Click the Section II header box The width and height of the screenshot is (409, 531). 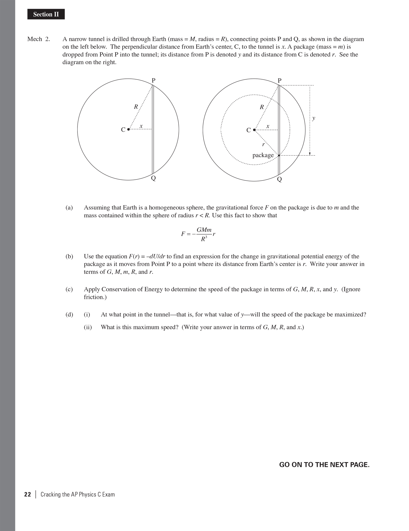click(x=46, y=14)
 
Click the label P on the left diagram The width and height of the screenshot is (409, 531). click(x=154, y=80)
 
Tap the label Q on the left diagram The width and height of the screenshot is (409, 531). click(x=154, y=178)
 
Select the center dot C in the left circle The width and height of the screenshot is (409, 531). click(x=128, y=129)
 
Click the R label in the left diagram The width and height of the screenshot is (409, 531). click(x=136, y=107)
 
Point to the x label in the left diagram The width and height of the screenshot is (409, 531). click(x=141, y=126)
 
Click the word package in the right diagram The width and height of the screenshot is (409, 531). click(x=263, y=155)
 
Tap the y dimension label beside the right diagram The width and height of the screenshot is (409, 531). click(x=314, y=118)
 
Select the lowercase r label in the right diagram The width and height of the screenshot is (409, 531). click(x=263, y=144)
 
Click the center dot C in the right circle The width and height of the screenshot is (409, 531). click(x=254, y=130)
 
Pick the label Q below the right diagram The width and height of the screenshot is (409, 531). click(x=279, y=179)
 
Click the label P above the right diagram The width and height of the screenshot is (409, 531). click(x=280, y=80)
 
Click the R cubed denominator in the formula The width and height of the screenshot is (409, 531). click(x=204, y=239)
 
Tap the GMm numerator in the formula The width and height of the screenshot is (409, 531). click(x=204, y=230)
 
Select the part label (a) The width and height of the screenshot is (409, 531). click(x=69, y=208)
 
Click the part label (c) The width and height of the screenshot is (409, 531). click(x=69, y=289)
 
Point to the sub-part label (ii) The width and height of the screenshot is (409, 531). click(x=88, y=327)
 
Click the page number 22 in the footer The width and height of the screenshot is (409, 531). click(x=28, y=494)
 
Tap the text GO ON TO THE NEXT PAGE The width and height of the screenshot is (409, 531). click(x=324, y=465)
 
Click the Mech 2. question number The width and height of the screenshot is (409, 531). click(x=39, y=39)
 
